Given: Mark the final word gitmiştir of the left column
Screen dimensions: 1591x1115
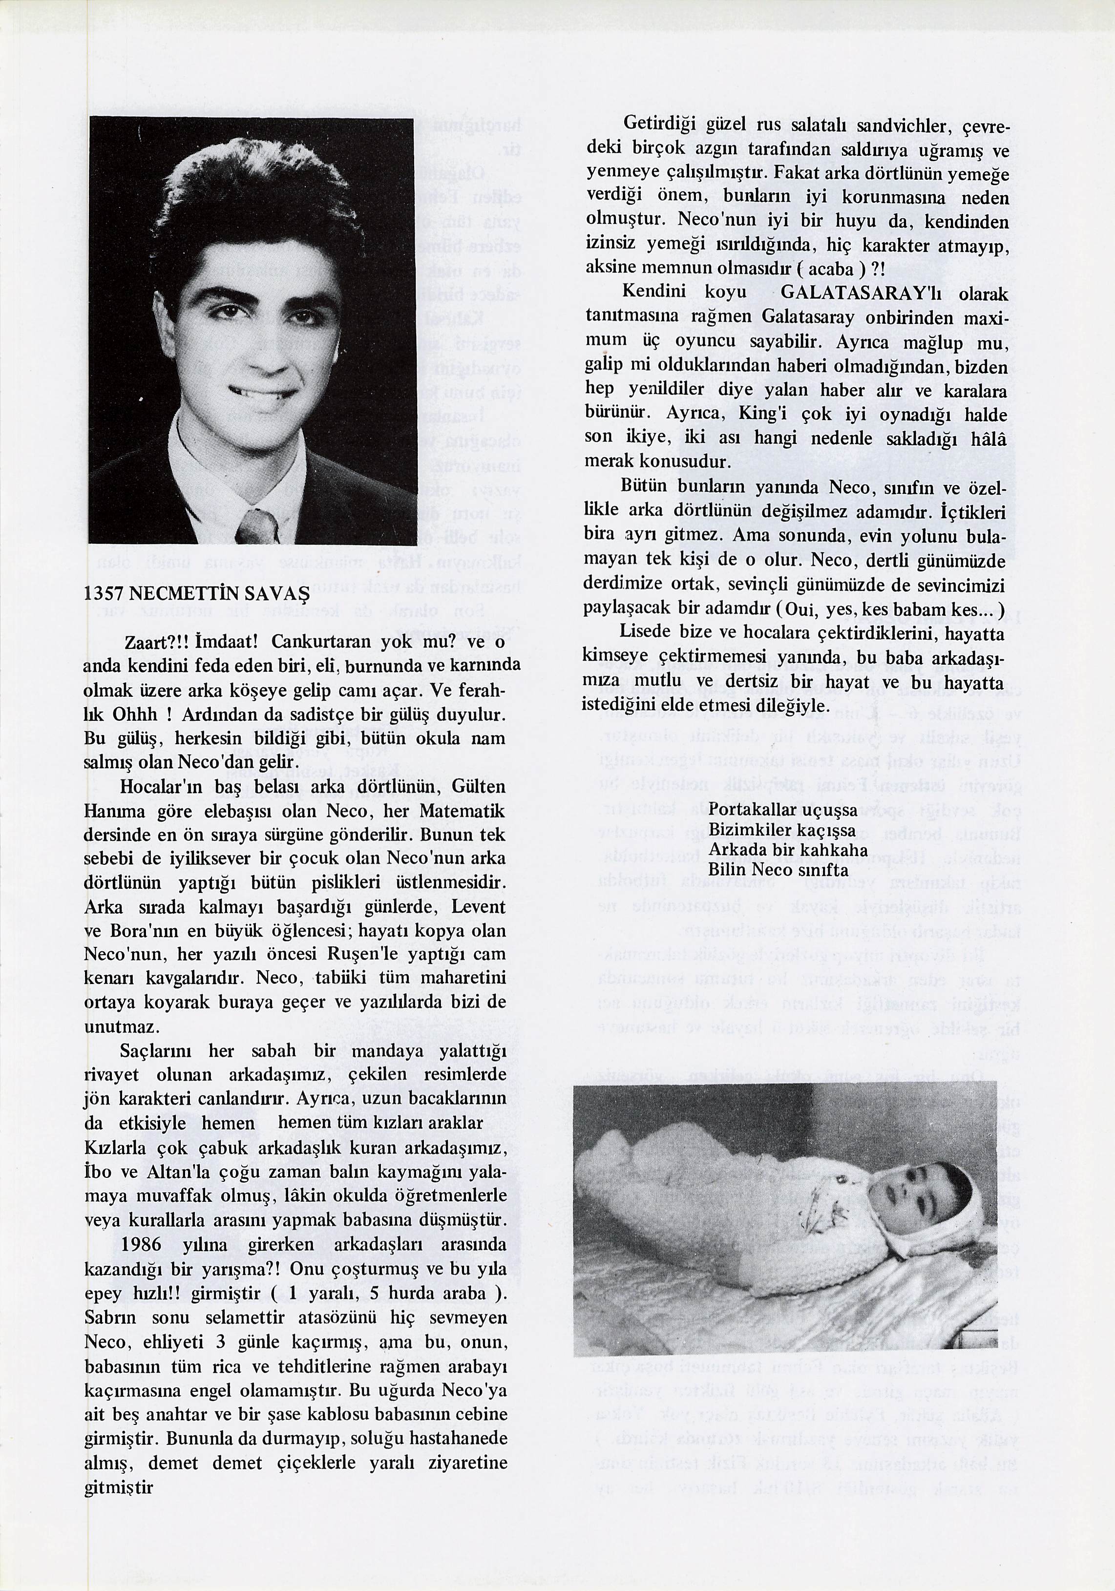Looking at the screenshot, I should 118,1486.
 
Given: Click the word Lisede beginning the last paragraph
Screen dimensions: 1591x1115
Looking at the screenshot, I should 645,633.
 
